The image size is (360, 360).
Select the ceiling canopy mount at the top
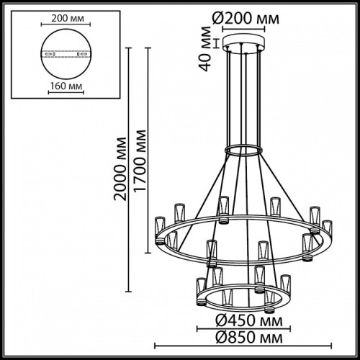pos(244,44)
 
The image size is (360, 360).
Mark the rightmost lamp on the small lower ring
pos(287,283)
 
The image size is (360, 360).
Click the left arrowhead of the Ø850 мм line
pos(157,345)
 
